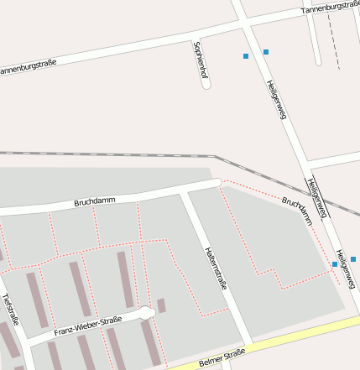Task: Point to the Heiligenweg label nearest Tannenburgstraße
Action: click(277, 100)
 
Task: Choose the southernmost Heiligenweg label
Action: click(345, 267)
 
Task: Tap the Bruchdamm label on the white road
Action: click(94, 202)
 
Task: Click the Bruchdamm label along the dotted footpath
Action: click(297, 211)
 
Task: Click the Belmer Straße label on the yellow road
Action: click(222, 358)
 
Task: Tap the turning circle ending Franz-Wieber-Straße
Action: click(148, 314)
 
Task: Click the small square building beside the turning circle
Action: click(161, 305)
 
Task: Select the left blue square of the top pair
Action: click(246, 56)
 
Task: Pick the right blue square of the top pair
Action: click(266, 52)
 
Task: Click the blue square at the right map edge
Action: click(353, 259)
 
